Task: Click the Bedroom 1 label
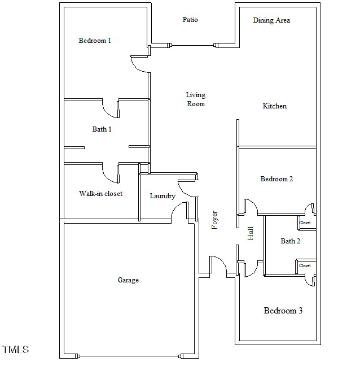point(95,41)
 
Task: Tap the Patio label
point(190,20)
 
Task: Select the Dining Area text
point(271,20)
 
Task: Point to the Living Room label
point(196,99)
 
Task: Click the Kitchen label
point(275,106)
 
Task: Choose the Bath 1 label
point(102,129)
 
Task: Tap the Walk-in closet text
point(100,194)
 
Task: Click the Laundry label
point(163,196)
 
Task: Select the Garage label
point(128,280)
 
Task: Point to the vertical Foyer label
point(214,220)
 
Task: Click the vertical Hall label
point(251,233)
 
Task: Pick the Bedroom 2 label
point(276,179)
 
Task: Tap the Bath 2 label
point(291,241)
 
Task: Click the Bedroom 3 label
point(283,311)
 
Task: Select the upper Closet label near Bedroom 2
point(305,223)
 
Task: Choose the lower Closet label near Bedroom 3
point(305,265)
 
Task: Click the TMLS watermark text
point(15,350)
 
